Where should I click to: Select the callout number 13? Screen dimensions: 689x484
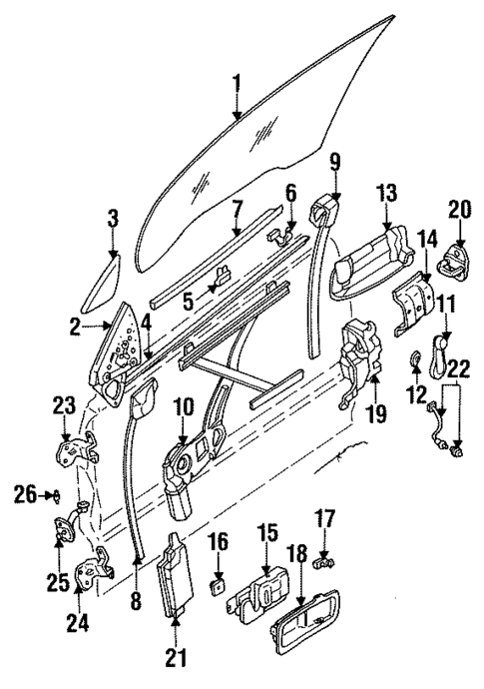tap(384, 193)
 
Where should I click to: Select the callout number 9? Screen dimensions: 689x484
tap(334, 159)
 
